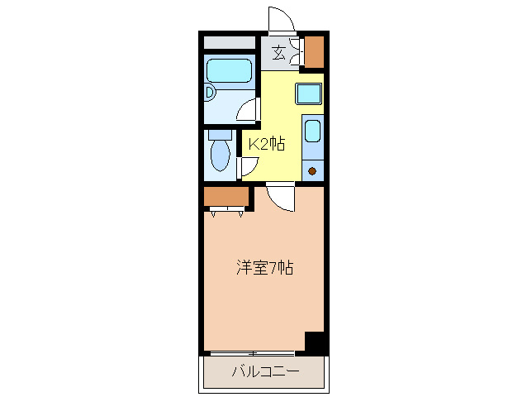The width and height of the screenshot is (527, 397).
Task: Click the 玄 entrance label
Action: tap(278, 53)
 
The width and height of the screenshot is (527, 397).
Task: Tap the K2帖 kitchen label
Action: tap(267, 144)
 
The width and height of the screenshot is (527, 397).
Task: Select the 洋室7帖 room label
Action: tap(265, 267)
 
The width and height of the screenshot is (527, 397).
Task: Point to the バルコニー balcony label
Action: tap(264, 370)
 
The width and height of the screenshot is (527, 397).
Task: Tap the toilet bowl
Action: tap(221, 155)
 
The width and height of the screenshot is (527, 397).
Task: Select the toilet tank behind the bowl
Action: tap(220, 134)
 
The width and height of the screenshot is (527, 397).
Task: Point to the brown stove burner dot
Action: tap(313, 172)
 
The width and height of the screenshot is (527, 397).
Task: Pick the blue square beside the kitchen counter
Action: tap(308, 93)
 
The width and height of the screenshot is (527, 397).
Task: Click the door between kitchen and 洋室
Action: tap(280, 197)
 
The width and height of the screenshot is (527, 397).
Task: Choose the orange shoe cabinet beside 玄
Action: tap(314, 52)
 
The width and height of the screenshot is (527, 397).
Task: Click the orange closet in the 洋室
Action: tap(226, 197)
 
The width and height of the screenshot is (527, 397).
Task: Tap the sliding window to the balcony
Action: tap(256, 353)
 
